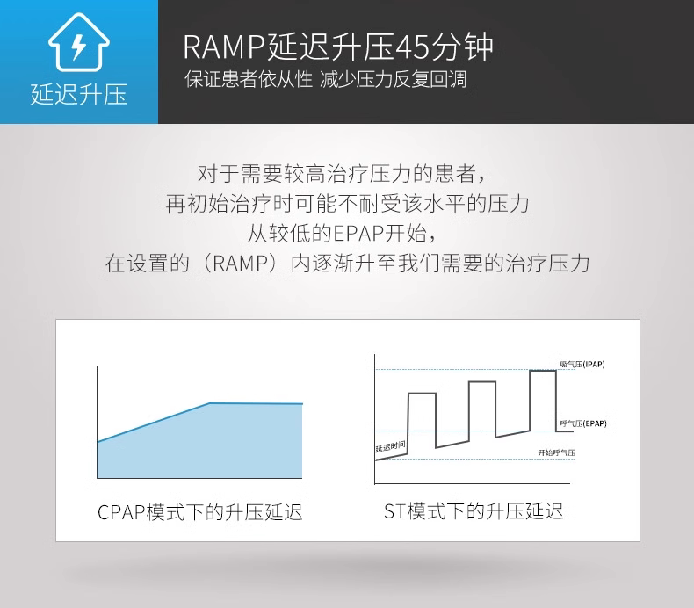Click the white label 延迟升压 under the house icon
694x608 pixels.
(x=78, y=94)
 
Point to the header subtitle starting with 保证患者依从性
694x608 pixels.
(x=249, y=80)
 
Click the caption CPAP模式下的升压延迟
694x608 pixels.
(x=200, y=511)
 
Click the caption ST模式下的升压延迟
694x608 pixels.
(x=474, y=510)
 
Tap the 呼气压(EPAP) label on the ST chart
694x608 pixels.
(x=582, y=423)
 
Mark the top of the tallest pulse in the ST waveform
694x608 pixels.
(x=542, y=372)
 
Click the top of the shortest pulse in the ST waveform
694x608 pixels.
(x=422, y=394)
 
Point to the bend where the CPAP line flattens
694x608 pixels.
(x=210, y=403)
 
